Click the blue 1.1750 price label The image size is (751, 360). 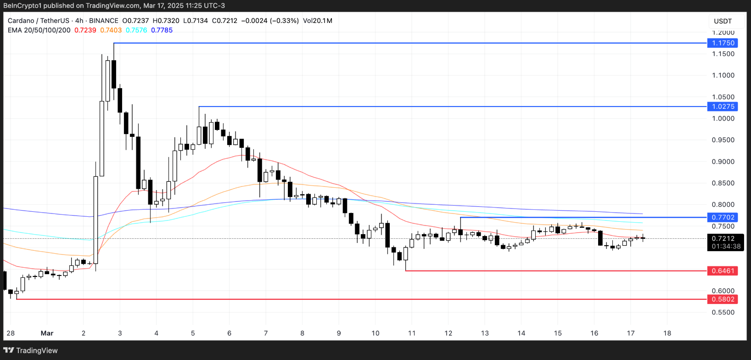click(x=723, y=43)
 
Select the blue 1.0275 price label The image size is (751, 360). click(x=723, y=107)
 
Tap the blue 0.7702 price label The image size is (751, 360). click(x=723, y=218)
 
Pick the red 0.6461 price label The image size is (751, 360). click(x=723, y=271)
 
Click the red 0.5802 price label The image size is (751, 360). click(x=723, y=299)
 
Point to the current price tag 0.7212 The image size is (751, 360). click(x=723, y=239)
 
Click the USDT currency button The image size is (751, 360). click(x=723, y=21)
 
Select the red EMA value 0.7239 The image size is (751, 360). click(x=85, y=30)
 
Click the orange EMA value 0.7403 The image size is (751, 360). click(x=111, y=30)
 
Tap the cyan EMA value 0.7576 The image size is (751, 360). click(x=136, y=30)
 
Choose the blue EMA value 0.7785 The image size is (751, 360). click(x=162, y=30)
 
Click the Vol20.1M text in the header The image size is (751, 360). click(x=318, y=21)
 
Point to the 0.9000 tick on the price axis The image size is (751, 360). click(x=723, y=162)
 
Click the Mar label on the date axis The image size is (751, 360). click(x=47, y=333)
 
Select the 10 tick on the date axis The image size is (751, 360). click(x=375, y=333)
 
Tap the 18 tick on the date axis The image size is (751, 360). click(x=667, y=333)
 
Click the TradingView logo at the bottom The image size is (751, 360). click(x=31, y=350)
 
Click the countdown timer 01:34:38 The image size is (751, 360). click(x=726, y=247)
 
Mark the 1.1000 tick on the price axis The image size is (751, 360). click(x=723, y=75)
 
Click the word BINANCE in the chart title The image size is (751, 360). click(x=104, y=21)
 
